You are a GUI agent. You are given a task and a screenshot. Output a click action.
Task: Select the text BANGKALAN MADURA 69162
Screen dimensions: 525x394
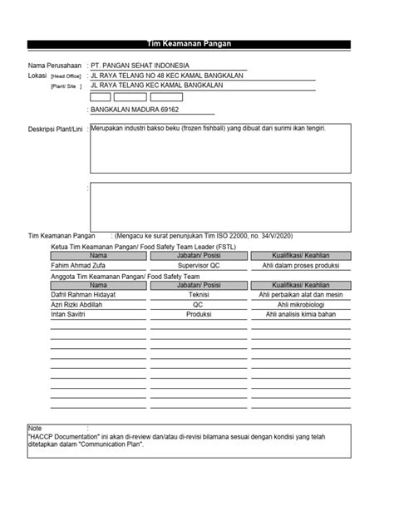(x=131, y=109)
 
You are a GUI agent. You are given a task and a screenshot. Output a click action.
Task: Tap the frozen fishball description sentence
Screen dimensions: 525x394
(x=208, y=130)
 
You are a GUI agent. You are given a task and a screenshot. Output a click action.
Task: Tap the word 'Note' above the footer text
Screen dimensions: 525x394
(x=35, y=428)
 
